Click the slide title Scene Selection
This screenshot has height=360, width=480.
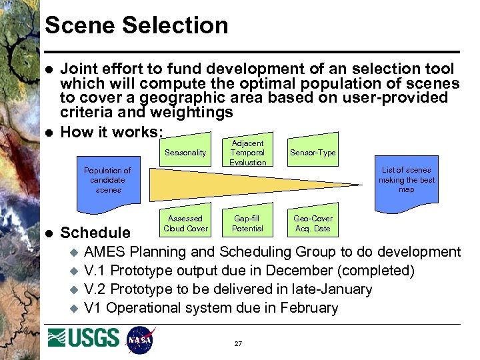tap(136, 25)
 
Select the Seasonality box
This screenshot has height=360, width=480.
tap(185, 153)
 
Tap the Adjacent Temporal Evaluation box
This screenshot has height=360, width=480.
tap(247, 152)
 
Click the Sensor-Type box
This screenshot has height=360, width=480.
tap(313, 153)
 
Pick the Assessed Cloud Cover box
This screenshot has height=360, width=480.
tap(185, 223)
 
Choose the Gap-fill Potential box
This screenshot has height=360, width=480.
tap(247, 223)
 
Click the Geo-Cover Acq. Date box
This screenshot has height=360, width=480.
tap(313, 223)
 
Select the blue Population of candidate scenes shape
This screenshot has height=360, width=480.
tap(108, 180)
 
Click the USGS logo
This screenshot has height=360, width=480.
tap(83, 338)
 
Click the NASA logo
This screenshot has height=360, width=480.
tap(140, 340)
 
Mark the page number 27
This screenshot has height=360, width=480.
tap(238, 343)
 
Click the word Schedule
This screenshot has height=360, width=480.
tap(95, 233)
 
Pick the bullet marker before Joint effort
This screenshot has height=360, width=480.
tap(47, 69)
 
